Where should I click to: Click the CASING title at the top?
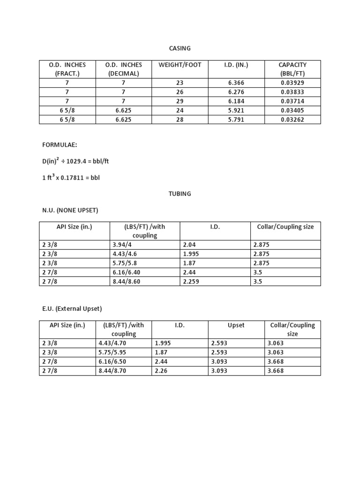point(180,48)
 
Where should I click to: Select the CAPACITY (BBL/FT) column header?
point(292,69)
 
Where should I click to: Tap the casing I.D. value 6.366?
point(236,82)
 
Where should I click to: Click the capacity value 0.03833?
point(292,92)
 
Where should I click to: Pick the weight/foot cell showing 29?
point(180,101)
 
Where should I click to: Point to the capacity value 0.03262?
point(292,120)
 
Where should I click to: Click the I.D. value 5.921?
point(236,111)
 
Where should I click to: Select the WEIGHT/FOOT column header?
point(180,65)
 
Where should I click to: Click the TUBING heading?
point(180,194)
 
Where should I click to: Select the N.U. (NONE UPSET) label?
point(70,210)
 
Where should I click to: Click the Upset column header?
point(236,325)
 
